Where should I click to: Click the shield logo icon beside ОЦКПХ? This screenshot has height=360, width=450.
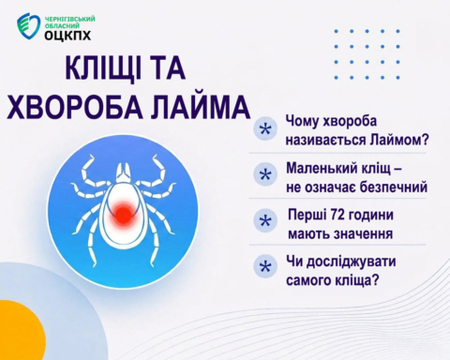click(x=28, y=26)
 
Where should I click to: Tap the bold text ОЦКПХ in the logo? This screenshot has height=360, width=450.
click(x=67, y=36)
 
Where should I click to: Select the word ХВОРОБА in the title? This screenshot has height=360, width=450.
click(x=74, y=106)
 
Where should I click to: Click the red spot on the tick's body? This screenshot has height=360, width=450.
click(x=124, y=214)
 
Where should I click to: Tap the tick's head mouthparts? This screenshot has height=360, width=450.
click(x=123, y=172)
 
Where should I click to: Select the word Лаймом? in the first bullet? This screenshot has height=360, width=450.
click(x=398, y=140)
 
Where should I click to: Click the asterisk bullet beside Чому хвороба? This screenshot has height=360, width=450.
click(x=265, y=128)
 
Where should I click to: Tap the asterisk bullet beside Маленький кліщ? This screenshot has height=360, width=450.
click(x=265, y=174)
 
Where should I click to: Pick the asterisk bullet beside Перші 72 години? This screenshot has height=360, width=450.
click(x=265, y=221)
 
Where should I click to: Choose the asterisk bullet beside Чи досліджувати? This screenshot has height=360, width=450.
click(x=265, y=266)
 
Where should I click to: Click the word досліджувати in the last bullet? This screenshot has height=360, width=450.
click(x=351, y=262)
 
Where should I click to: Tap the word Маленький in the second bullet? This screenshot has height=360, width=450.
click(x=322, y=169)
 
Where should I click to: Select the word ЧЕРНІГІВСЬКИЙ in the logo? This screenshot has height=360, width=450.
click(x=70, y=20)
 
